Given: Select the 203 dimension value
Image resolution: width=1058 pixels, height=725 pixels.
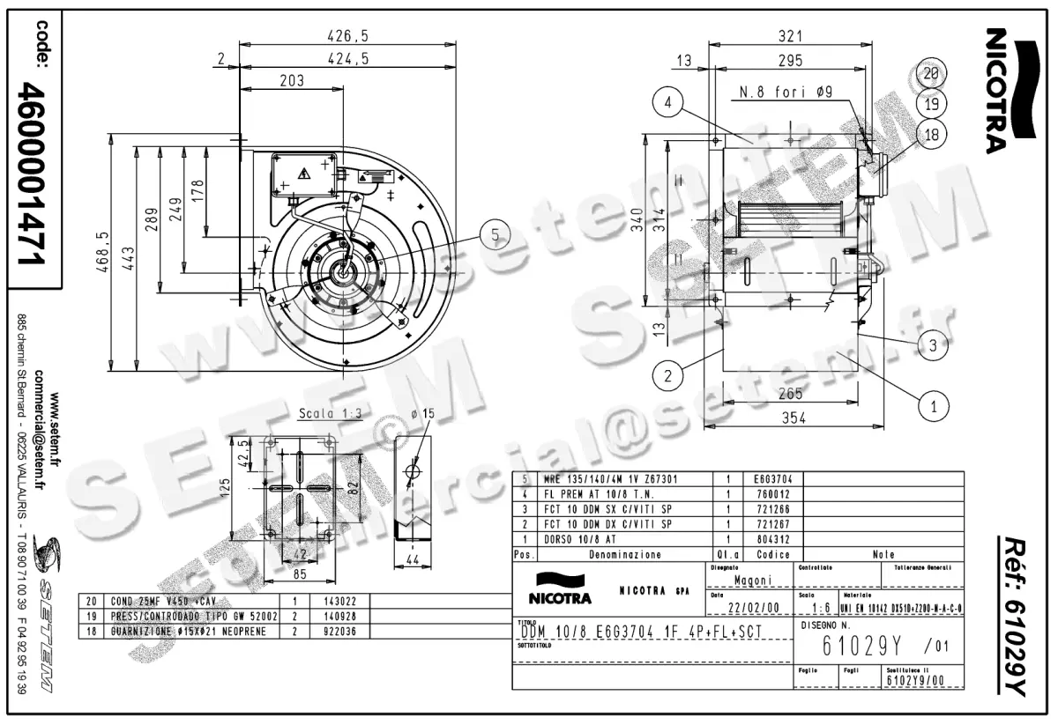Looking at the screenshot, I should [x=291, y=81].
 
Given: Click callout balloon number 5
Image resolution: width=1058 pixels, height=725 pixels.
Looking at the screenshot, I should [x=496, y=234].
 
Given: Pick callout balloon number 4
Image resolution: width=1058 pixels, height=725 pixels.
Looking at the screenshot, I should [x=669, y=103].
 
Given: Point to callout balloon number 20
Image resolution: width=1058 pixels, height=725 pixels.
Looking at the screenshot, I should [x=931, y=74].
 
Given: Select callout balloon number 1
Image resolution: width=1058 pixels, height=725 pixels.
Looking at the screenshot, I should [x=934, y=406].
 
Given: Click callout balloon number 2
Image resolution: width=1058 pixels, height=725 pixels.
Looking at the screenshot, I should [x=669, y=376].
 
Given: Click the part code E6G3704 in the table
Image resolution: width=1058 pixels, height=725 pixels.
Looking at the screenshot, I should [x=774, y=479].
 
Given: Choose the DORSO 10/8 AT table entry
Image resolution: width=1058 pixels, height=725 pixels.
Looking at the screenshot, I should [x=580, y=539].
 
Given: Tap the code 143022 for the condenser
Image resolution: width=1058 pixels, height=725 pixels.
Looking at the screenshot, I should [x=325, y=602].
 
